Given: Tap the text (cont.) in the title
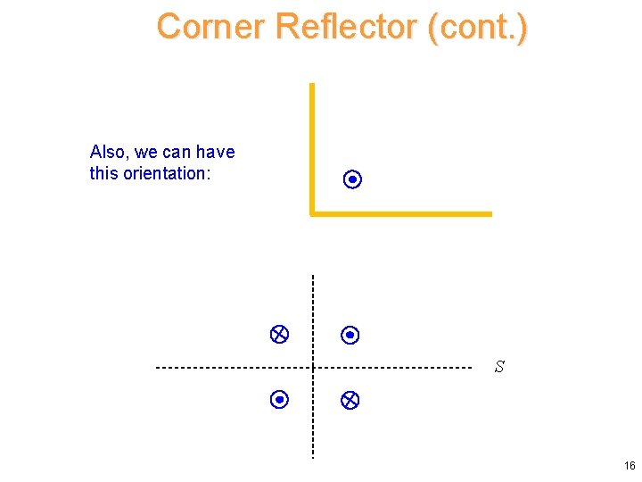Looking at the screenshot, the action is (478, 27).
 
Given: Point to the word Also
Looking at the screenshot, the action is (109, 152).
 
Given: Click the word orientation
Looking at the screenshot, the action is (165, 173).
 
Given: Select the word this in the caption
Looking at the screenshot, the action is (104, 173).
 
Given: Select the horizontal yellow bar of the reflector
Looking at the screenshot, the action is (401, 213).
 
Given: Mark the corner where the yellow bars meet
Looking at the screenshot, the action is (312, 213).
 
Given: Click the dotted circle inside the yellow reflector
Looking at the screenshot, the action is (352, 180).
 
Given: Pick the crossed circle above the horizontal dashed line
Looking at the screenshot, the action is (278, 335).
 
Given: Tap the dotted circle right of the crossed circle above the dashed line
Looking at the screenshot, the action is (350, 336).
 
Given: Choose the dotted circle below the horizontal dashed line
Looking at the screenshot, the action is (278, 400).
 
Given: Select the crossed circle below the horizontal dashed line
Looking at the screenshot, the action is (350, 401).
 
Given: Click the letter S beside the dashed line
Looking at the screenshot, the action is (499, 367).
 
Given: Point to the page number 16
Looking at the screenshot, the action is (630, 466).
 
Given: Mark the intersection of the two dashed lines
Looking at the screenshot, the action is (313, 367).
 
